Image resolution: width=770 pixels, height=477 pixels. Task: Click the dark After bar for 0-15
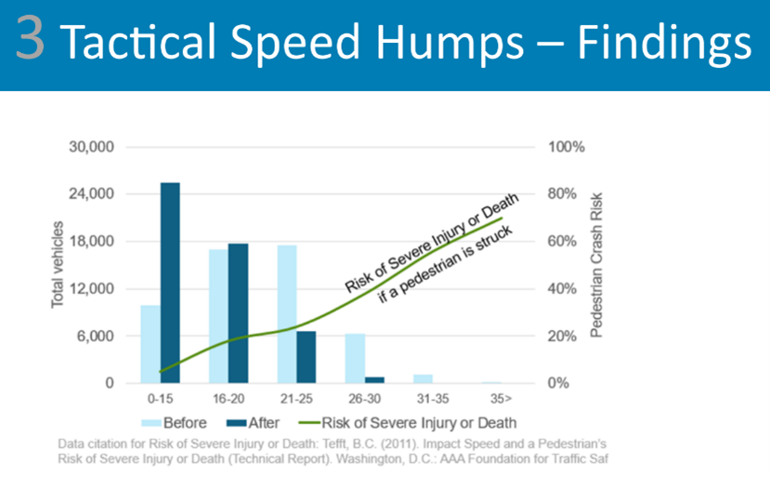pos(170,283)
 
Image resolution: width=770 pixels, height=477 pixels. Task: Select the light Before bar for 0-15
pos(150,344)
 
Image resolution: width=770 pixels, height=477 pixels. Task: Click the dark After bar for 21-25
pos(306,357)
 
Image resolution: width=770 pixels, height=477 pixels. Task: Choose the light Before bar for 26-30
pos(355,359)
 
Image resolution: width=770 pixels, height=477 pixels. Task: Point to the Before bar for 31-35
pos(423,378)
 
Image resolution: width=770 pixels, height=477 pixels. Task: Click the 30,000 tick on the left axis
pos(91,147)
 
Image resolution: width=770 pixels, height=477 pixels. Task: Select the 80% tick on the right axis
pos(563,194)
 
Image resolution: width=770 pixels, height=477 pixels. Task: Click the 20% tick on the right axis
pos(563,336)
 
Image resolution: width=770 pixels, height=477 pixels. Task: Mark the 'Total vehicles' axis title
pos(58,265)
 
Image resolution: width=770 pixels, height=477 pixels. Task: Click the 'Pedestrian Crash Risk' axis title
pos(597,265)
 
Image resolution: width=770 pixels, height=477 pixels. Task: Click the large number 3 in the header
pos(31,44)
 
